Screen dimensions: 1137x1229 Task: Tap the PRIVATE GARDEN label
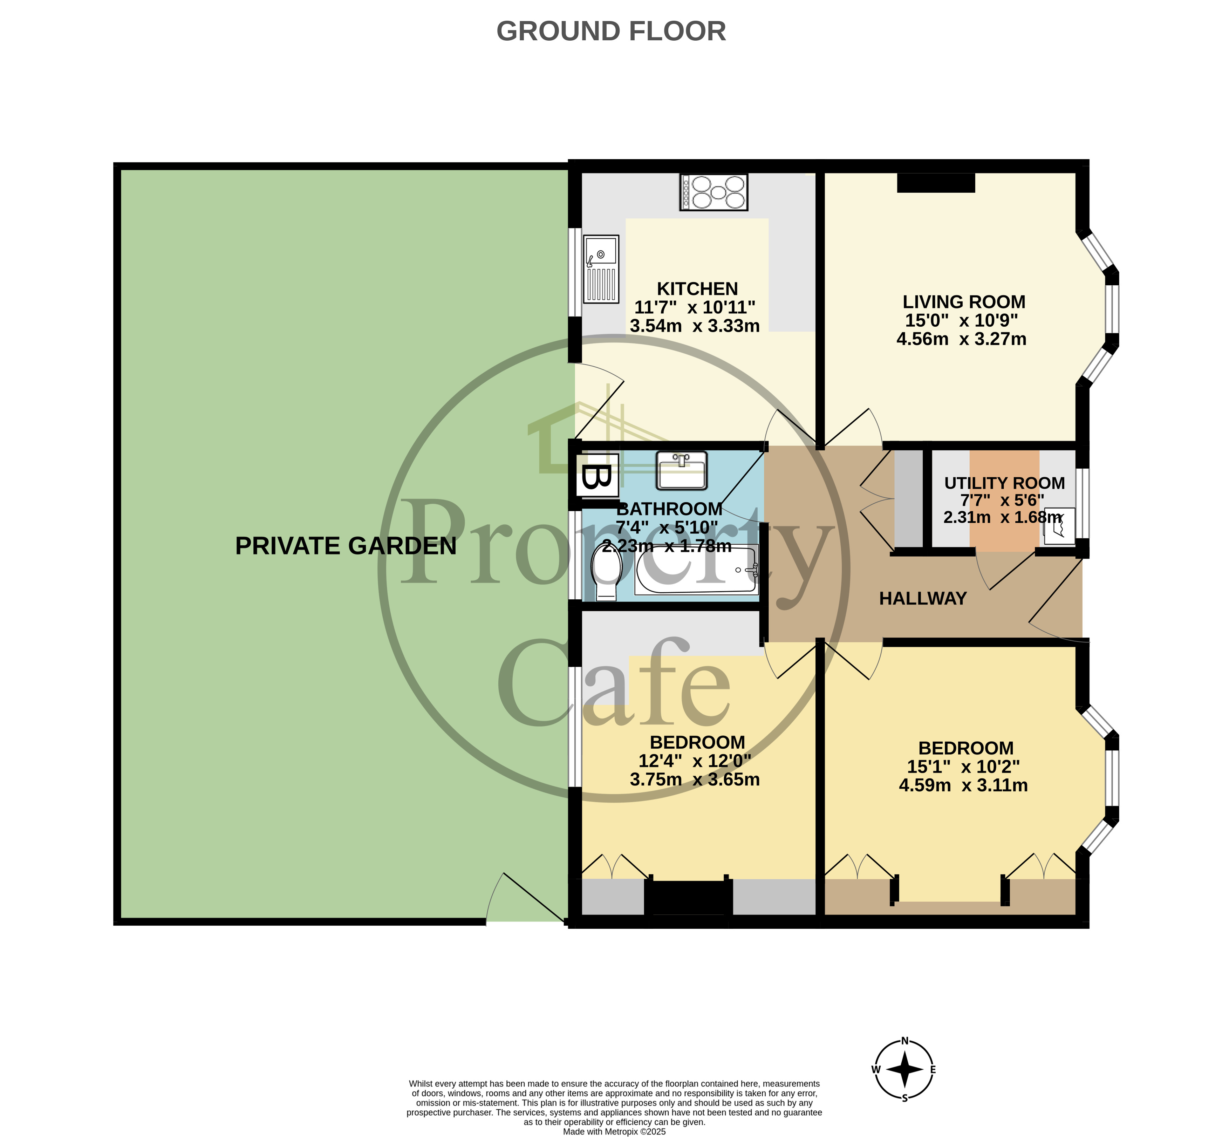[346, 546]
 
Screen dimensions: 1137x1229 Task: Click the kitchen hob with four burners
[713, 192]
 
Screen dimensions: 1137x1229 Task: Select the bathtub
[696, 570]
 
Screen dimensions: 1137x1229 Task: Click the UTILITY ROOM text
[1004, 483]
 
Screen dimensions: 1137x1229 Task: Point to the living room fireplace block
[936, 183]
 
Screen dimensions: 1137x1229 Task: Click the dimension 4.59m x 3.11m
[963, 785]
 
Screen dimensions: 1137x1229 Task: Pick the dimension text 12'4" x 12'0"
[695, 761]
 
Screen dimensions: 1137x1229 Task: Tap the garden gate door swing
[523, 898]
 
